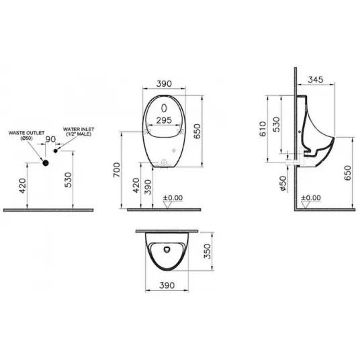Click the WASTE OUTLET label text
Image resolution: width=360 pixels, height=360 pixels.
point(26,133)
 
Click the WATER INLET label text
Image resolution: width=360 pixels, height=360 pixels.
point(79,130)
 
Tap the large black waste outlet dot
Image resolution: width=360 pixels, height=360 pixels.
point(46,163)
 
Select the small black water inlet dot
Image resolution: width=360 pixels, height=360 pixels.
point(55,151)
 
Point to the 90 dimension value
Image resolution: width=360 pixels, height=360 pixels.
point(50,139)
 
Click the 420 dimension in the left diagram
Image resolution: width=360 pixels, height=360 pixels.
point(23,186)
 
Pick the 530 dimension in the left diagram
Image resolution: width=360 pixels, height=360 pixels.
point(69,180)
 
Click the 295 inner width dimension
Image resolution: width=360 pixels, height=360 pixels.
point(164,120)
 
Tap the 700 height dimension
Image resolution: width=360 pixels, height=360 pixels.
point(117,170)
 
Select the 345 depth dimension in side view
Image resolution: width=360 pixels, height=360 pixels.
point(316,80)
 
